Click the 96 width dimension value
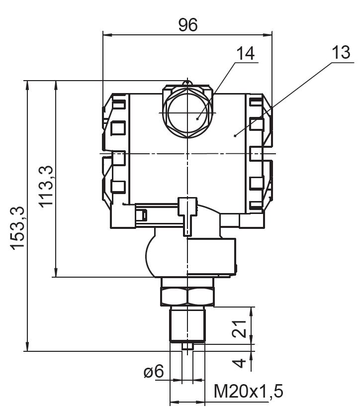pyautogui.click(x=188, y=25)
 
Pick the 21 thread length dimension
pyautogui.click(x=241, y=329)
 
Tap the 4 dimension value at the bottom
pyautogui.click(x=241, y=362)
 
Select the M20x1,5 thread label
pyautogui.click(x=248, y=392)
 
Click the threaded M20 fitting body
pyautogui.click(x=187, y=324)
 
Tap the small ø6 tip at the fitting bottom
pyautogui.click(x=187, y=346)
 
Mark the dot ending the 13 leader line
pyautogui.click(x=235, y=134)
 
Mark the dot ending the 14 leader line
pyautogui.click(x=197, y=118)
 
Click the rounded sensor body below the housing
pyautogui.click(x=189, y=256)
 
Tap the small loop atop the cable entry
pyautogui.click(x=187, y=81)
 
